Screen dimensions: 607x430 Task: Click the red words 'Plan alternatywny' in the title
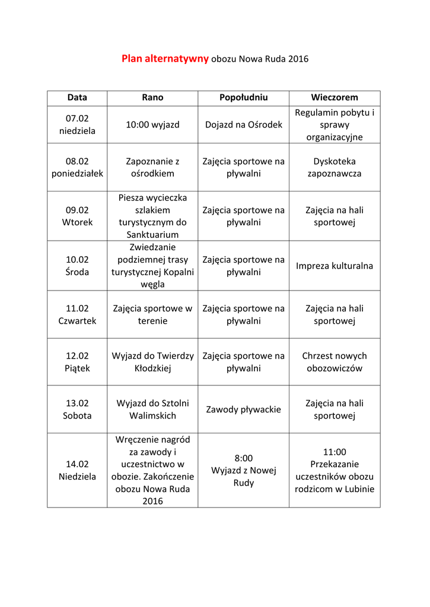pos(165,59)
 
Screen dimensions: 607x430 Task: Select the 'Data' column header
pos(77,97)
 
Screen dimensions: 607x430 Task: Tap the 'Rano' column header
pos(152,97)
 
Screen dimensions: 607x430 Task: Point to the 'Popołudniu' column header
pos(243,97)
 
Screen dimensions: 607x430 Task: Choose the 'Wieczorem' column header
pos(335,97)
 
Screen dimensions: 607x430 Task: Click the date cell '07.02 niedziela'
pos(77,124)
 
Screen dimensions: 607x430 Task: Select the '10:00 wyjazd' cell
pos(152,124)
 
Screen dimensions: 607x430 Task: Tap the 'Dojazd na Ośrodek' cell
pos(243,124)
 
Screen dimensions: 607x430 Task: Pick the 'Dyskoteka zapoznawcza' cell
pos(335,167)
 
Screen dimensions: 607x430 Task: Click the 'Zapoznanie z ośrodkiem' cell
pos(152,167)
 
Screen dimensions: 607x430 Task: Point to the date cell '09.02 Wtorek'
pos(77,216)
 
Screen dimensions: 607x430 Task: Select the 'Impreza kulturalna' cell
pos(335,266)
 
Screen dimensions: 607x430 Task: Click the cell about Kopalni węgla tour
pos(152,266)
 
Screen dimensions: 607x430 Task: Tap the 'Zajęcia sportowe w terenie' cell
pos(152,314)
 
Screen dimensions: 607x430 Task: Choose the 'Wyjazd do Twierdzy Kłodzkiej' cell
pos(152,362)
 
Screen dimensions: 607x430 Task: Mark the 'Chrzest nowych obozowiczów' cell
pos(335,362)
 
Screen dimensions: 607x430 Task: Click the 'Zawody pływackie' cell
pos(243,409)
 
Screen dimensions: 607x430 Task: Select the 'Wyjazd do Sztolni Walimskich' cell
pos(152,409)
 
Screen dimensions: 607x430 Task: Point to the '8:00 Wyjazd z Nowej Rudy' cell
pos(243,470)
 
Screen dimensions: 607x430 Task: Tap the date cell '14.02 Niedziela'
pos(77,470)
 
